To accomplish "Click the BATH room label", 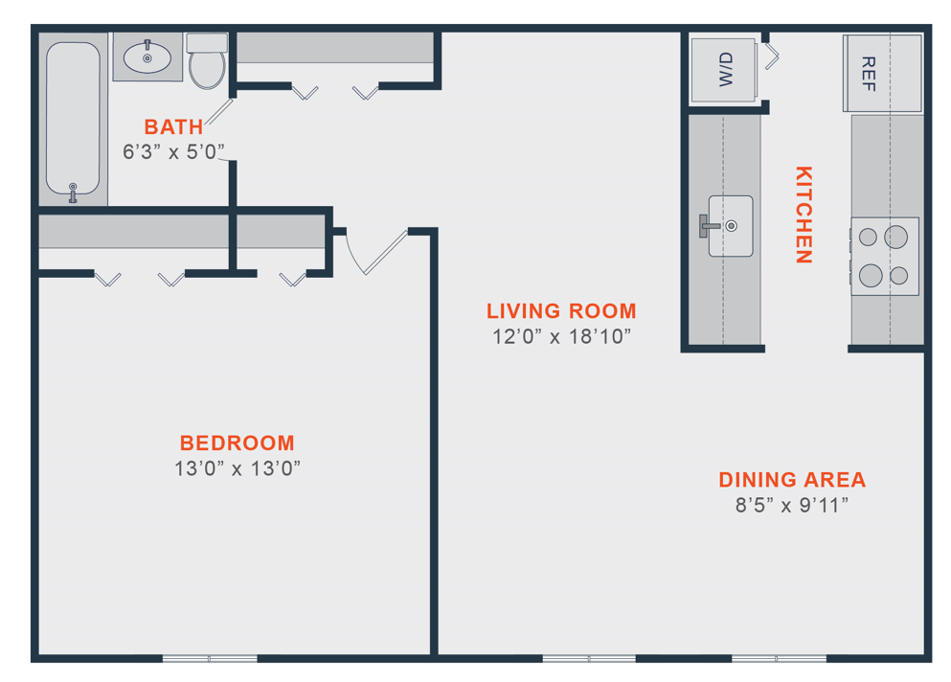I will (173, 126).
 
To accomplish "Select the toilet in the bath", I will (207, 63).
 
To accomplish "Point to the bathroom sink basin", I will (147, 57).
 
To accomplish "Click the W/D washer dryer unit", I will (726, 70).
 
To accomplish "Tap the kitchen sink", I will (730, 226).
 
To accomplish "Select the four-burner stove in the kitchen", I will (884, 256).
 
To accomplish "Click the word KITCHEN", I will (804, 215).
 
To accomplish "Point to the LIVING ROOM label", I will (561, 311).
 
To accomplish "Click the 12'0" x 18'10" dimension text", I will (561, 336).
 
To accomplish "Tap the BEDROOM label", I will (237, 443).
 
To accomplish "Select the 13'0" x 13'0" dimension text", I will (238, 468).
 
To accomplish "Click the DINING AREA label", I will (792, 480).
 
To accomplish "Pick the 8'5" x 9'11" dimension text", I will (792, 505).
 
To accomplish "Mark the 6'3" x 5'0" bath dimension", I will (173, 150).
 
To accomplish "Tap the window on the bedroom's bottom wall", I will (210, 658).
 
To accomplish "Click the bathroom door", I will (219, 111).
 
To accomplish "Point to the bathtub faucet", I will (73, 193).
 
